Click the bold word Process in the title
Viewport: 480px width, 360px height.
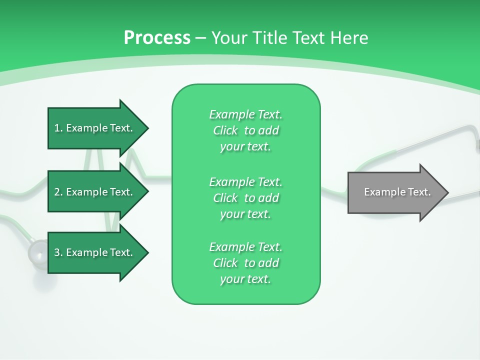coord(157,38)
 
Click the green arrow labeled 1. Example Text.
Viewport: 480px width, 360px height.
coord(95,128)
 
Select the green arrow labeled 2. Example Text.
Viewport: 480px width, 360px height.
coord(95,192)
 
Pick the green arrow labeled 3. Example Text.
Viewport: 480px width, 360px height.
coord(95,252)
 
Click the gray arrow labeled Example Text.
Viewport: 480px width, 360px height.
coord(395,192)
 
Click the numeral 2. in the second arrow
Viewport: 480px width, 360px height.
coord(58,192)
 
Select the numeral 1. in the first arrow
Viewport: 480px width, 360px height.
coord(58,128)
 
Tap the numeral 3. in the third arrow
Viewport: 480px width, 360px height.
coord(58,252)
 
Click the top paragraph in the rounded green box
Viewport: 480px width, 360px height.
coord(245,130)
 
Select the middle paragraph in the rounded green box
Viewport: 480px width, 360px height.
coord(245,197)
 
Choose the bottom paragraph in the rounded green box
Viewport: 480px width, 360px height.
coord(245,263)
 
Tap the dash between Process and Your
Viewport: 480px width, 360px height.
coord(200,38)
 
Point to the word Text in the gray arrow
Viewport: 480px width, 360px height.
coord(420,192)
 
